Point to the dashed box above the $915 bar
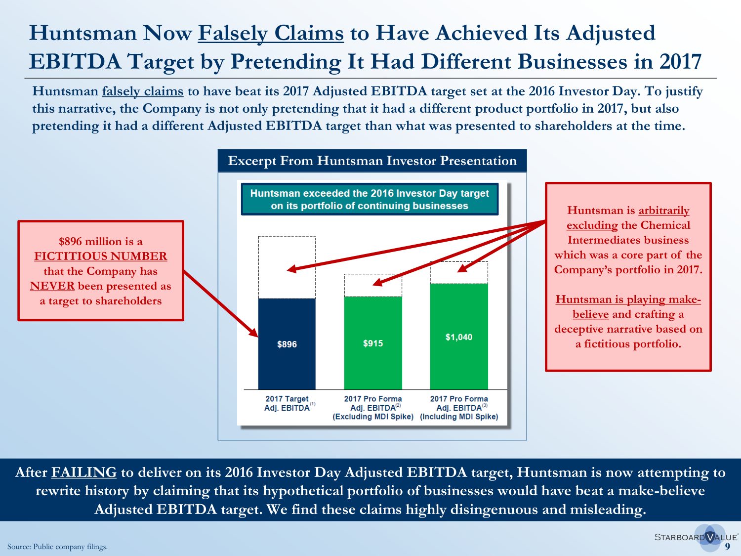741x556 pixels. [372, 285]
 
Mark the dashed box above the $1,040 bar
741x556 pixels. [458, 272]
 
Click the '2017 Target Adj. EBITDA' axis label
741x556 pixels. [287, 403]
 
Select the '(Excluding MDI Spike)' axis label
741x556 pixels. [373, 417]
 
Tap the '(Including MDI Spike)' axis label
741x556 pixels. [459, 417]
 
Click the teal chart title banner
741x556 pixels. [370, 199]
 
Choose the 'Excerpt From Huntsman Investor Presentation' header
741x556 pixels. [372, 161]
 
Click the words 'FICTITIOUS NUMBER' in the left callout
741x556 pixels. [101, 256]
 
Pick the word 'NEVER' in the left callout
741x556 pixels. [52, 286]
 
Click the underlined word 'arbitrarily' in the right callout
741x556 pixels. [663, 211]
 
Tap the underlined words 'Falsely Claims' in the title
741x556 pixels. [271, 33]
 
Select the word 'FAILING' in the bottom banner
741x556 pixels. [83, 472]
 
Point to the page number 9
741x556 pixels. [727, 546]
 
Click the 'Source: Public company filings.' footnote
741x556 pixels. [57, 547]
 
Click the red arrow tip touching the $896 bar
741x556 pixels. [256, 335]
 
